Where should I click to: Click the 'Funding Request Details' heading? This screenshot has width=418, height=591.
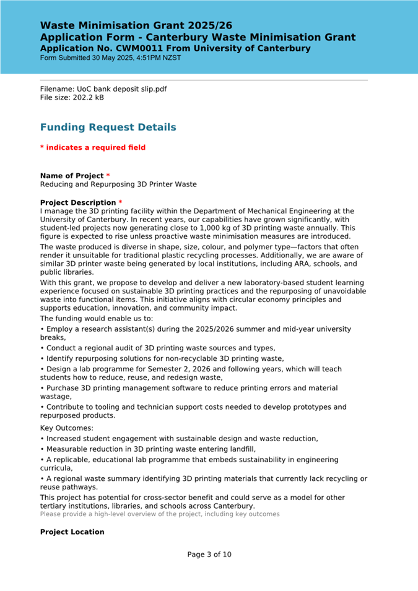pos(108,127)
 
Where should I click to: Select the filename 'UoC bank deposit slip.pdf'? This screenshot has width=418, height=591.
pos(118,89)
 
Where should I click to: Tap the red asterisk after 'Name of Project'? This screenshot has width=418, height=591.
pos(108,176)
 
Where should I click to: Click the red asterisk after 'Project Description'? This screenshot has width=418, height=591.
pos(120,202)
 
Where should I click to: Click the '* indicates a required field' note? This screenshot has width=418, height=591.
pos(92,147)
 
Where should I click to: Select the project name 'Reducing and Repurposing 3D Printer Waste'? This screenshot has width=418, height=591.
pos(118,184)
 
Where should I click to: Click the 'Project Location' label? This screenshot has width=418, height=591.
pos(72,532)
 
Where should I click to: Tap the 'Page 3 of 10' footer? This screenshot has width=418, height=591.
pos(209,554)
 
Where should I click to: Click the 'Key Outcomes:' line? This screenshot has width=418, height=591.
pos(67,428)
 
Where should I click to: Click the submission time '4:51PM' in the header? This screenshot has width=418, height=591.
pos(152,58)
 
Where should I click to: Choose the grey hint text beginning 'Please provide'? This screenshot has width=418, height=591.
pos(160,514)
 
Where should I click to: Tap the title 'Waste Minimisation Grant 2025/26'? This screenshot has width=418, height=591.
pos(136,25)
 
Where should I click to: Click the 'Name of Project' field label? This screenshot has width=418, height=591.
pos(72,176)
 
